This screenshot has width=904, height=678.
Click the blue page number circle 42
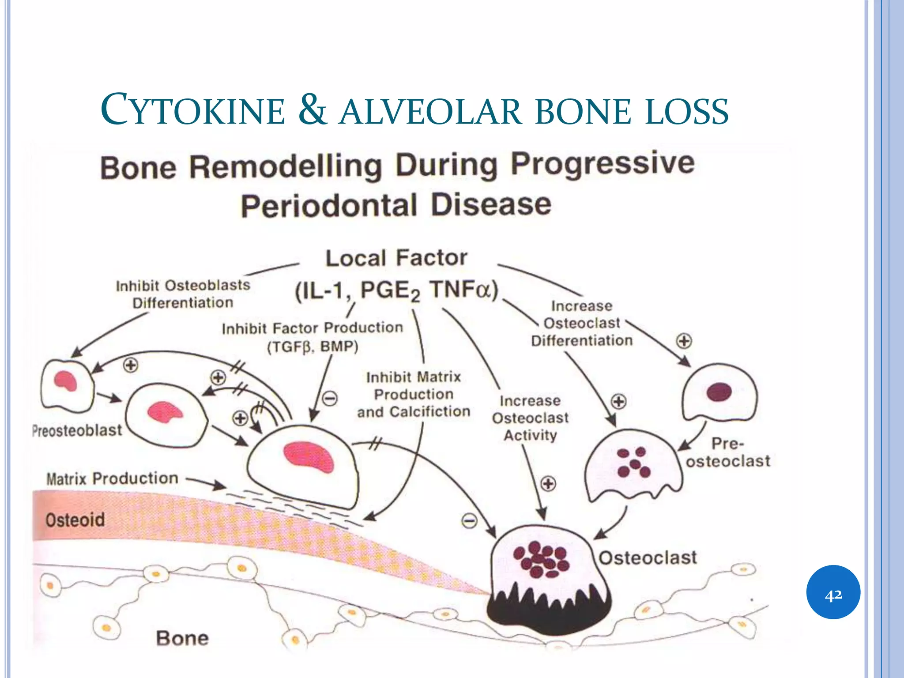[x=833, y=592]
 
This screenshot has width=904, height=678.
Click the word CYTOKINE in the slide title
[x=193, y=110]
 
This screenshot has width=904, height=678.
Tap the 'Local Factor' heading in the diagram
[x=396, y=258]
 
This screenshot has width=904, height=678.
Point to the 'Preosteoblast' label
[x=77, y=430]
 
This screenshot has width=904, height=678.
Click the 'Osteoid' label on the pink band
[x=75, y=520]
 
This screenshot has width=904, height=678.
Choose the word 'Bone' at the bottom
[x=182, y=638]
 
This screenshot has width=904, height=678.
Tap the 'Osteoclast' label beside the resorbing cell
[x=648, y=558]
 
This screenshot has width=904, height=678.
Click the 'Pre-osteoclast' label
[x=727, y=452]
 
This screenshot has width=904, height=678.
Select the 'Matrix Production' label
[x=112, y=478]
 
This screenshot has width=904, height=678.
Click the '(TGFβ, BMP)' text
[x=313, y=347]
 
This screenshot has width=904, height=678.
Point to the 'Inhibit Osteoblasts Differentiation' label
[x=183, y=294]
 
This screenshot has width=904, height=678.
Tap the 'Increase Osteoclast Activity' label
[x=530, y=418]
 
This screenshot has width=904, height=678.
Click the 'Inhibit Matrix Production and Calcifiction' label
[x=414, y=395]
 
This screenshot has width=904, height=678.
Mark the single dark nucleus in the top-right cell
[x=719, y=392]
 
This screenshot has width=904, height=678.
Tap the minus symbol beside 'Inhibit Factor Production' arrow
[x=330, y=399]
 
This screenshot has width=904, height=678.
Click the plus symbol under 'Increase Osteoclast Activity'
[x=548, y=483]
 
